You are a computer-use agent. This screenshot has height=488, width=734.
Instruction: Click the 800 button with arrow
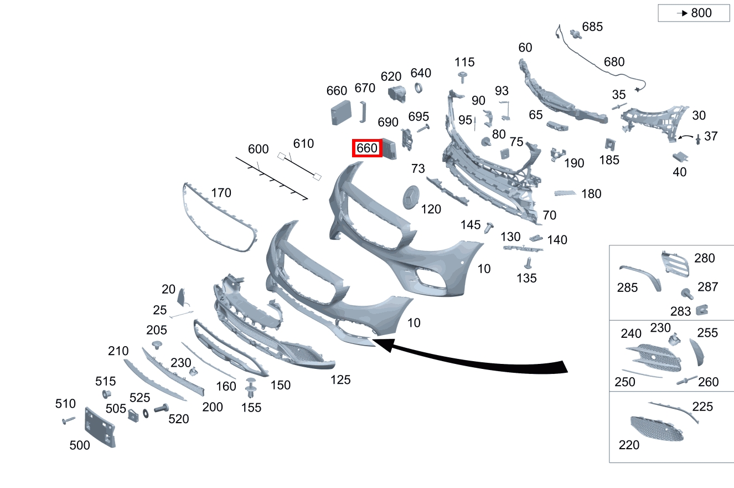[x=694, y=13]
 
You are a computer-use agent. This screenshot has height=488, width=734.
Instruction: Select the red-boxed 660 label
[x=367, y=148]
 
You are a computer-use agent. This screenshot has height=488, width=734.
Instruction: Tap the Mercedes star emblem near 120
[x=411, y=197]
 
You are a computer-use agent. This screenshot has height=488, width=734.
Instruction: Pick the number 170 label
[x=221, y=193]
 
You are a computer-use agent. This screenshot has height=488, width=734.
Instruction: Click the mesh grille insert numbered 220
[x=657, y=429]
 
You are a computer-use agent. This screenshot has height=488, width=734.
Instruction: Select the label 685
[x=592, y=27]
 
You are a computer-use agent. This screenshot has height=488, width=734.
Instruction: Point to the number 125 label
[x=340, y=380]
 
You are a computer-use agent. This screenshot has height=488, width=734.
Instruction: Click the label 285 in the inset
[x=627, y=288]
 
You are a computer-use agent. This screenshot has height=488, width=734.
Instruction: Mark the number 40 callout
[x=679, y=172]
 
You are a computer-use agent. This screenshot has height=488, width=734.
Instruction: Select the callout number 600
[x=258, y=150]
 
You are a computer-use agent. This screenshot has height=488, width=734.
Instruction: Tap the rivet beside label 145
[x=489, y=227]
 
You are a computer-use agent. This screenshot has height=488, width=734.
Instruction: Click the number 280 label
[x=705, y=258]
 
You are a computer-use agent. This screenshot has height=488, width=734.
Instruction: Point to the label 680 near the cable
[x=614, y=62]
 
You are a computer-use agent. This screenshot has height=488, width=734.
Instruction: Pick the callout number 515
[x=105, y=381]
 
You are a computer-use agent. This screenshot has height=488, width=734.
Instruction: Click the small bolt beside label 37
[x=699, y=138]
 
